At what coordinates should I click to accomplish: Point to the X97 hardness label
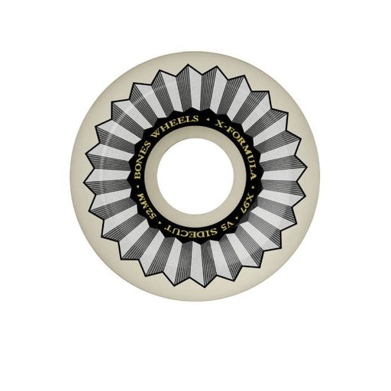pyautogui.click(x=245, y=205)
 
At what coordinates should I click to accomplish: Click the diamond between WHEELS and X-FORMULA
pyautogui.click(x=208, y=119)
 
